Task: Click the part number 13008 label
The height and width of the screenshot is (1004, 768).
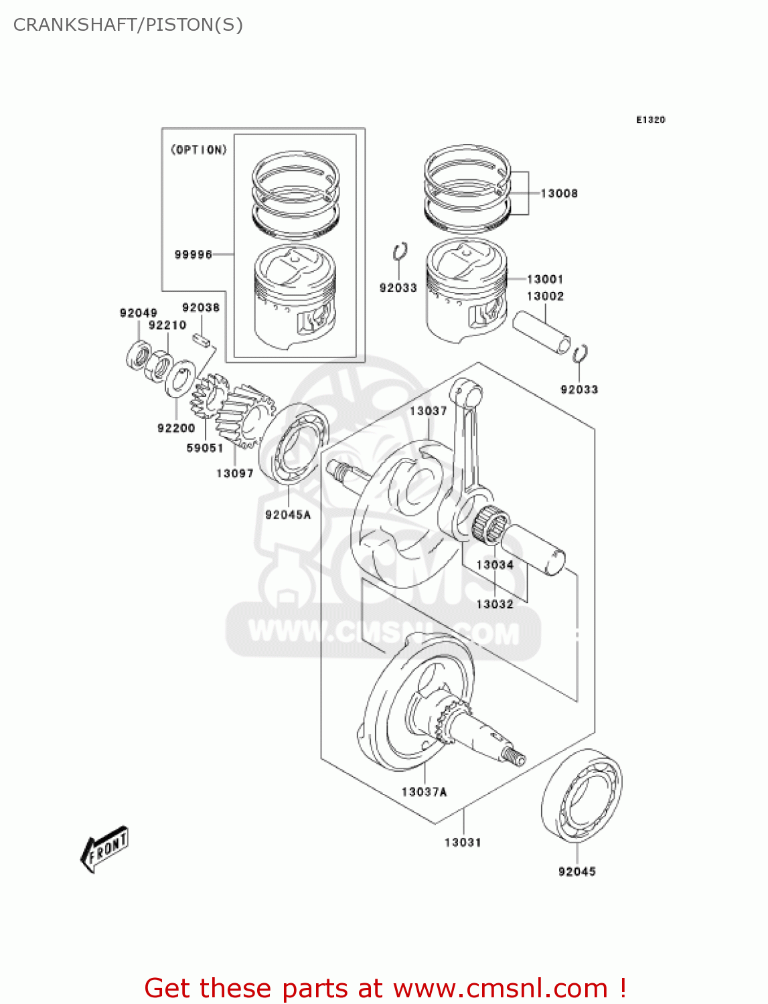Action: tap(558, 193)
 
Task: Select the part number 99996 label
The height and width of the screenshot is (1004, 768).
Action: tap(193, 254)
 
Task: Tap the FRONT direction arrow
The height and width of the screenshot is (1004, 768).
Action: tap(104, 849)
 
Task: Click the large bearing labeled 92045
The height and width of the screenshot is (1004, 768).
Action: tap(581, 794)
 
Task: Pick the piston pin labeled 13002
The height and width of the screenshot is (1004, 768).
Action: tap(541, 331)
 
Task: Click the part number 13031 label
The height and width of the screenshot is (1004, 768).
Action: tap(463, 842)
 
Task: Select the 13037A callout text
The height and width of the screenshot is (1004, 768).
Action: tap(424, 792)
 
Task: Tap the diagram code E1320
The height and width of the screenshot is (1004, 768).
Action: tap(650, 120)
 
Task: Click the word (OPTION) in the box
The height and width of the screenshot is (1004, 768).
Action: tap(199, 150)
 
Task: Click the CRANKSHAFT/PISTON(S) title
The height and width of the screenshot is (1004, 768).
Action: tap(128, 25)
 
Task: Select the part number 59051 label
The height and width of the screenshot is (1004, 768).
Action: tap(204, 448)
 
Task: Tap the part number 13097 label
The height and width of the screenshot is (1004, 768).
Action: tap(234, 473)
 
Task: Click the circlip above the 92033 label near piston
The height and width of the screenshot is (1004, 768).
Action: tap(400, 252)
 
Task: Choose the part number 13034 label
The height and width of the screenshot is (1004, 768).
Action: tap(495, 565)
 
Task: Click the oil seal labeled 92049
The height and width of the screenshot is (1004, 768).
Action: tap(139, 355)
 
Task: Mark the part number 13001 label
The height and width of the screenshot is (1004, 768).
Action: tap(544, 279)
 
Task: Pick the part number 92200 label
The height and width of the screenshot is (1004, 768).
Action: tap(176, 428)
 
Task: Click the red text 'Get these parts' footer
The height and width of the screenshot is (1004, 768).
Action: tap(385, 988)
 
